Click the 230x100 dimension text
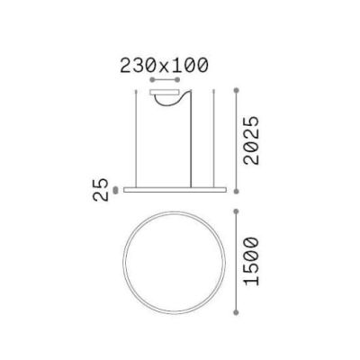point(163,65)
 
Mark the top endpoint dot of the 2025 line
point(236,90)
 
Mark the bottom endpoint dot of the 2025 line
point(236,191)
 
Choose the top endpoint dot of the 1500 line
point(236,211)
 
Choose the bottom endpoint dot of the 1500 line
point(236,310)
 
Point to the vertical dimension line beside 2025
point(236,139)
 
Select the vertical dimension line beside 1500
point(236,261)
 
